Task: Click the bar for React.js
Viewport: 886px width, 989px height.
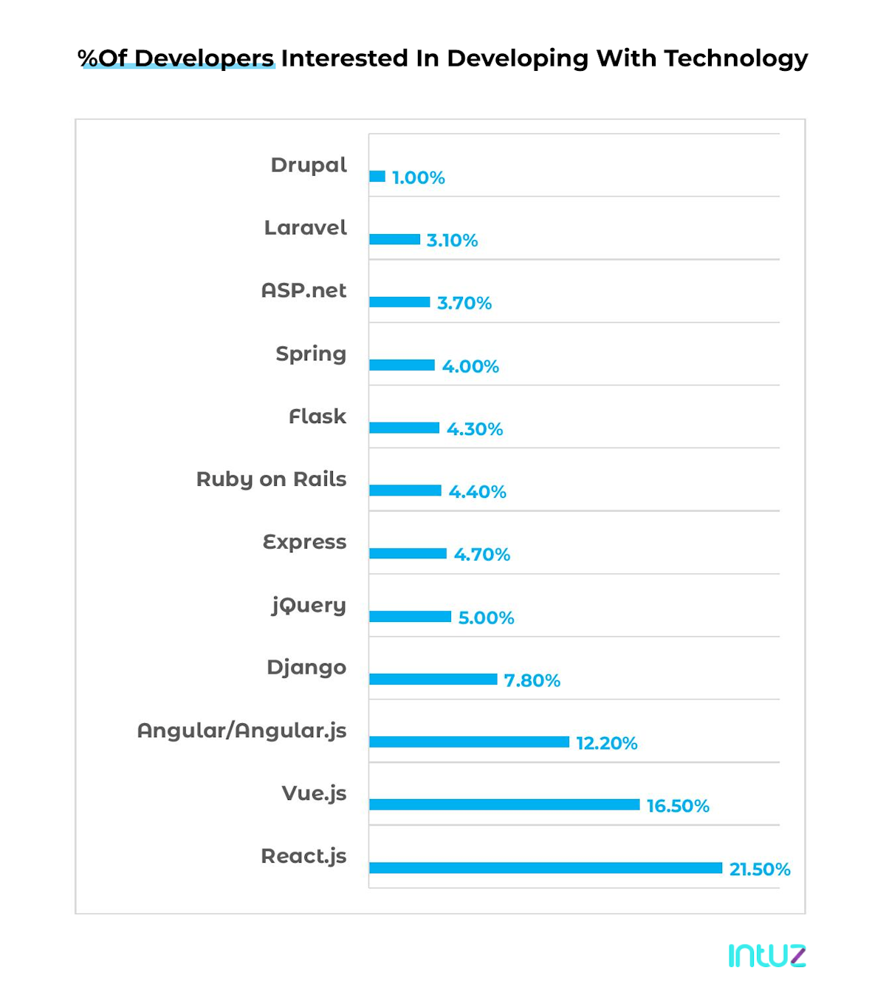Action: [x=546, y=868]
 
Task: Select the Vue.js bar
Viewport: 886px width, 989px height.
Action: [x=504, y=804]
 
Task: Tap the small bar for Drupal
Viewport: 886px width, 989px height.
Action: [x=377, y=177]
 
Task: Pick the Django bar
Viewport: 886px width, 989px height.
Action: [x=433, y=679]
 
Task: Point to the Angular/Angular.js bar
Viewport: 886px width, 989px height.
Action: [x=469, y=742]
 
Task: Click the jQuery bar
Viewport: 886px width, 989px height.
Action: [x=410, y=616]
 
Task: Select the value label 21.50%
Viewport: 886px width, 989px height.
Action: [x=760, y=869]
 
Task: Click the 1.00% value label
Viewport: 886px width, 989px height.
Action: [x=418, y=178]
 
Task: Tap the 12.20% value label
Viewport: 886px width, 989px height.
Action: [x=606, y=743]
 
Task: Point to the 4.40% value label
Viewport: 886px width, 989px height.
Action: [x=477, y=492]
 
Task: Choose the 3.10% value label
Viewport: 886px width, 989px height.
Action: [x=452, y=241]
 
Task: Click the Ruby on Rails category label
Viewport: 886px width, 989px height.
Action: [x=271, y=479]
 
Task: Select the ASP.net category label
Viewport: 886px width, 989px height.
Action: [x=303, y=290]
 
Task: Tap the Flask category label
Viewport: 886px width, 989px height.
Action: [x=317, y=417]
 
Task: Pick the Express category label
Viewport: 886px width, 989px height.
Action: [x=304, y=542]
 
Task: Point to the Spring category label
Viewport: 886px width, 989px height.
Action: [x=311, y=354]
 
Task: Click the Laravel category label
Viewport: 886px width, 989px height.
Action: [x=305, y=227]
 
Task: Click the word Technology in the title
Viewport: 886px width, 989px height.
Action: [x=735, y=58]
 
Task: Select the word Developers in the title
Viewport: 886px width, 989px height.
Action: [x=204, y=58]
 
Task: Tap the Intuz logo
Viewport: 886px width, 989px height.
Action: [x=766, y=955]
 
